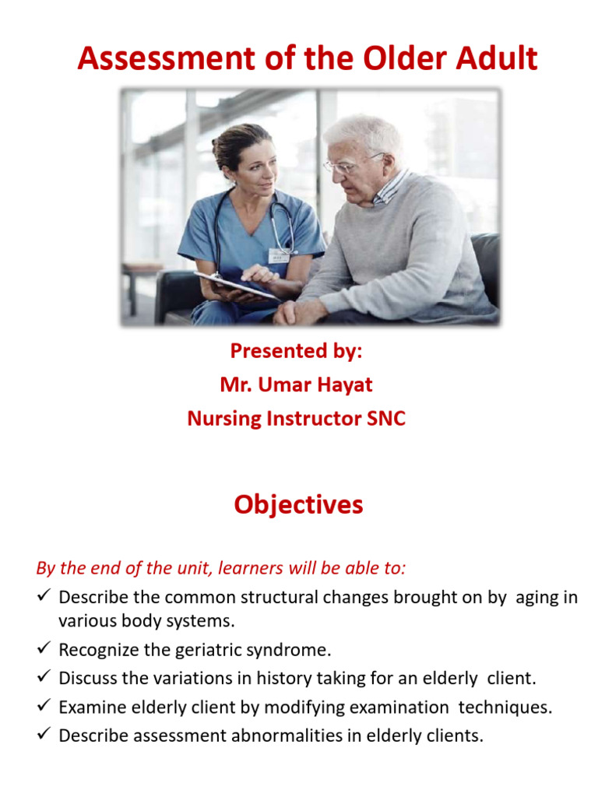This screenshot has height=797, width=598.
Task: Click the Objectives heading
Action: pyautogui.click(x=298, y=505)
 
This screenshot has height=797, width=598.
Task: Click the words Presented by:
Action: pyautogui.click(x=296, y=351)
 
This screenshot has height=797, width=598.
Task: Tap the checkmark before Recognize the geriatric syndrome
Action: pyautogui.click(x=44, y=649)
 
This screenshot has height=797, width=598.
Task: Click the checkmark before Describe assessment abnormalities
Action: pyautogui.click(x=44, y=735)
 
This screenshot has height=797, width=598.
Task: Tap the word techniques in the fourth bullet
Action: pyautogui.click(x=500, y=707)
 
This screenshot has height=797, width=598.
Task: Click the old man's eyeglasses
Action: pyautogui.click(x=349, y=163)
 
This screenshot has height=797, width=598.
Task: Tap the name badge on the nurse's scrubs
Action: pyautogui.click(x=279, y=255)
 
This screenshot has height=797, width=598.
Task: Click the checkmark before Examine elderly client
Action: pyautogui.click(x=44, y=707)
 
